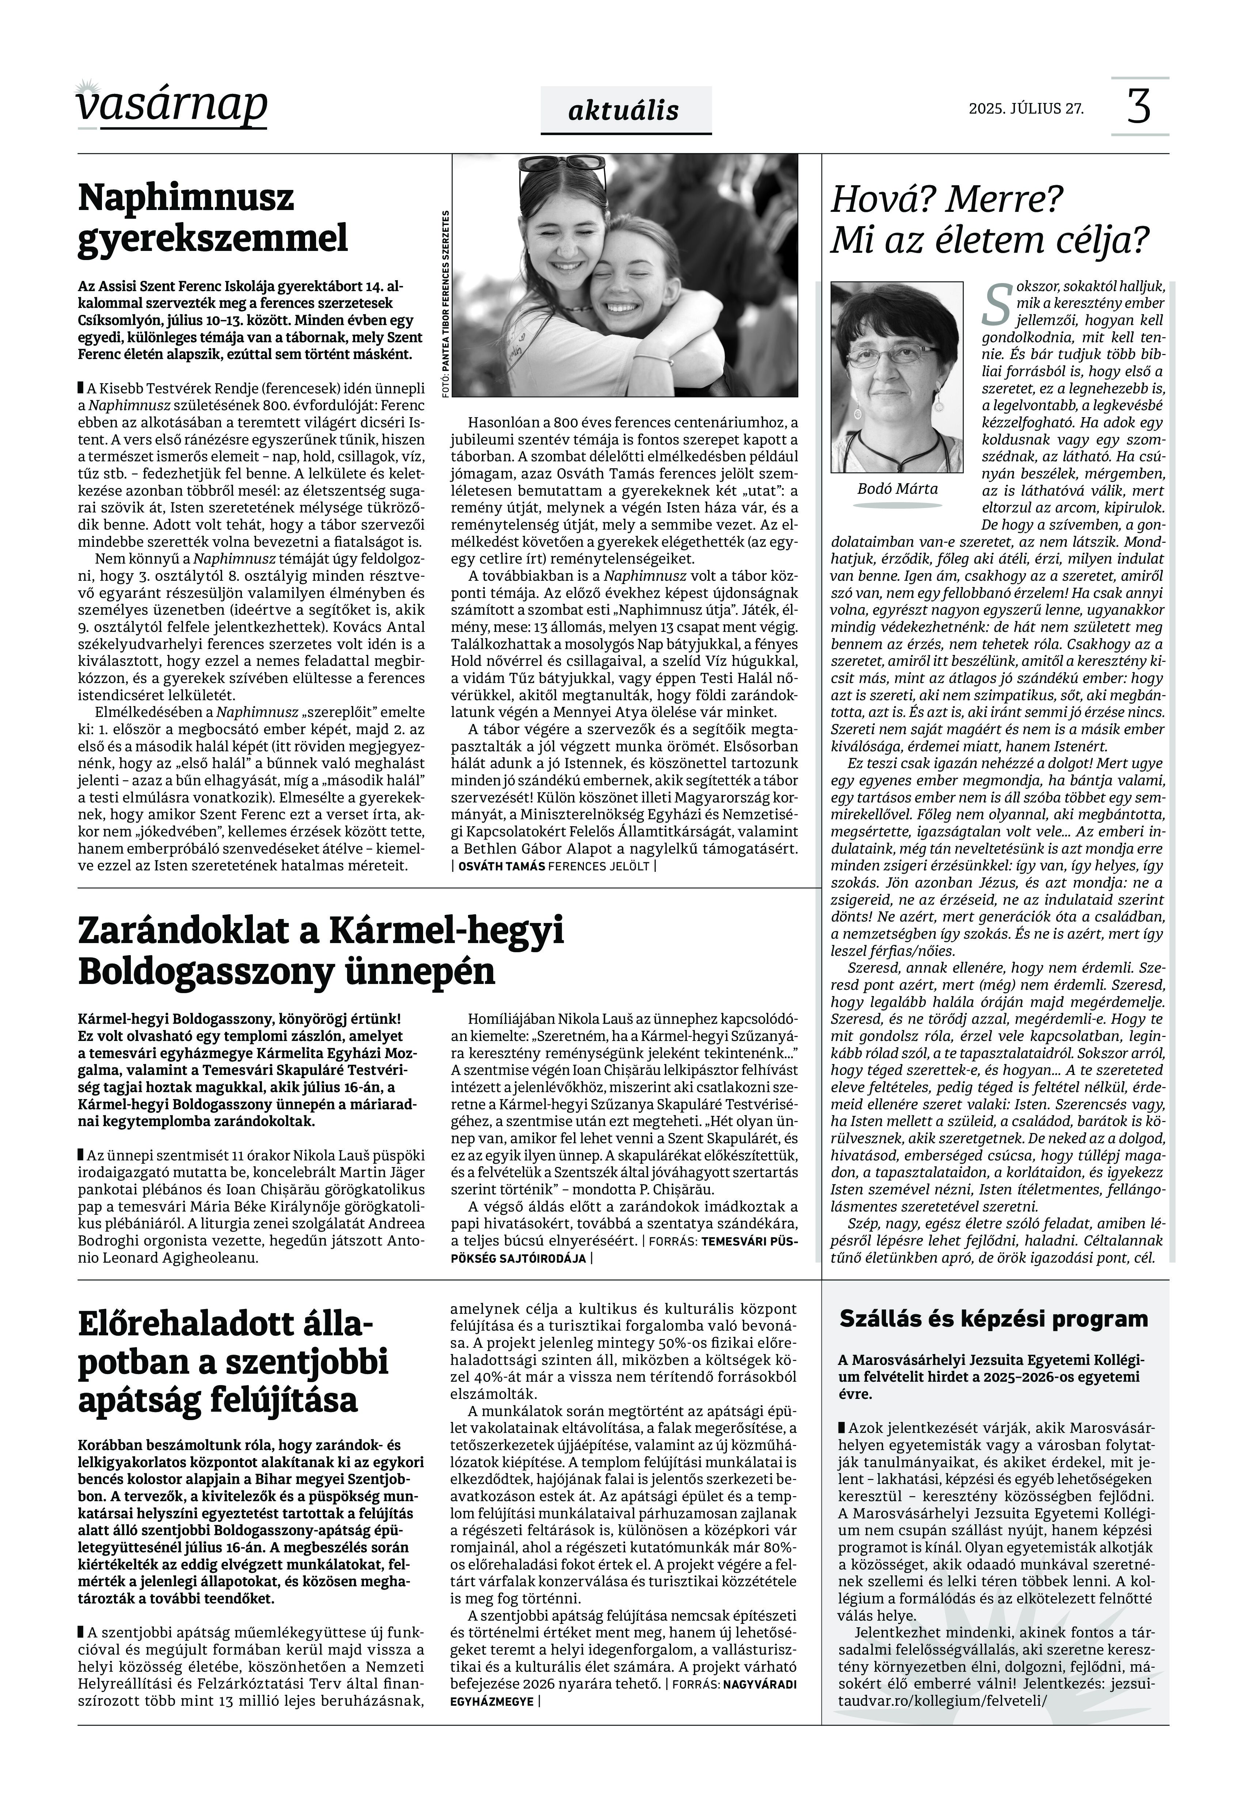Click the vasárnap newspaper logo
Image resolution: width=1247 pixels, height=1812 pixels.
click(172, 106)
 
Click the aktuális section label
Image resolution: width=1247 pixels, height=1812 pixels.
click(624, 110)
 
